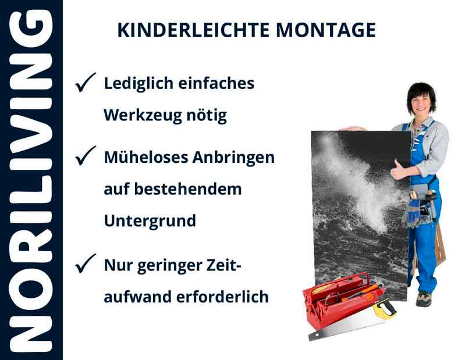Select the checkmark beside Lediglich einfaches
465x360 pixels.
pos(85,85)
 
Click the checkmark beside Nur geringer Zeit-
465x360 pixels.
pos(85,266)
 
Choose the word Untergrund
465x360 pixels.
pos(150,221)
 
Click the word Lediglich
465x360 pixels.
pos(137,84)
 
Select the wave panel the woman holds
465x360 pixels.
pos(358,209)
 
